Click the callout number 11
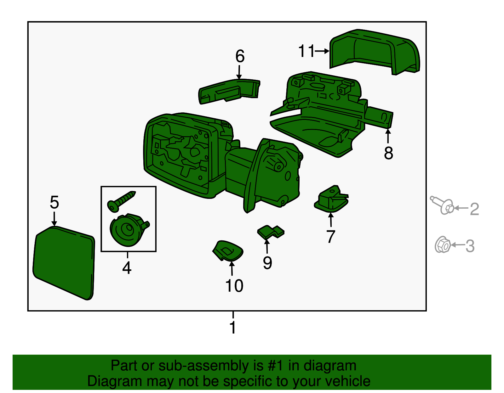point(306,51)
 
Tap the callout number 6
point(240,56)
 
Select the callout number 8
point(388,153)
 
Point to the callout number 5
point(54,202)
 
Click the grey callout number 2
point(474,209)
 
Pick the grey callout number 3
point(470,246)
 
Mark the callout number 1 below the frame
point(233,327)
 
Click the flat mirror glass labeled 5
point(64,263)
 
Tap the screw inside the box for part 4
point(121,201)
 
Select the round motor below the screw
point(129,230)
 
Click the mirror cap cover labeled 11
point(375,52)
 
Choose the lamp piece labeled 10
point(228,251)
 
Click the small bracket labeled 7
point(331,199)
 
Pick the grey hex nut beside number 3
point(443,244)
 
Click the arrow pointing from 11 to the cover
point(322,51)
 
